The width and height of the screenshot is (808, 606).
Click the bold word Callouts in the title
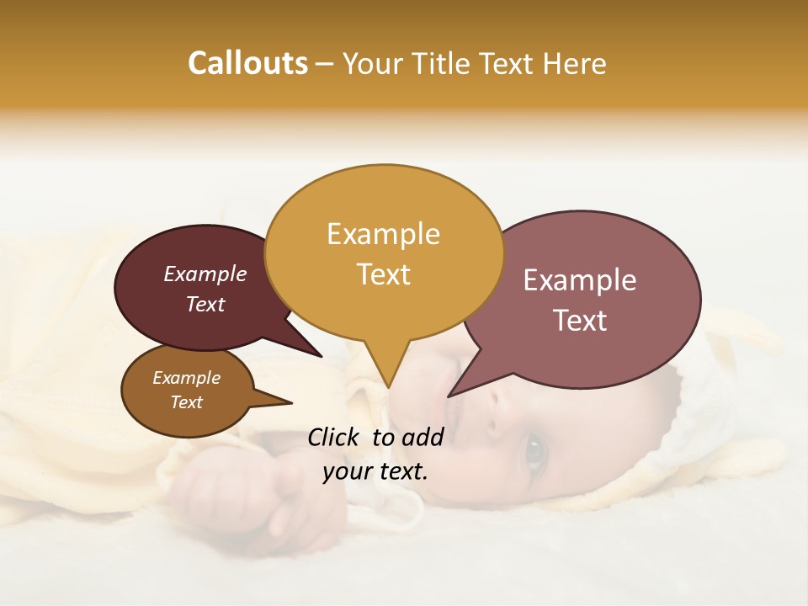pos(247,63)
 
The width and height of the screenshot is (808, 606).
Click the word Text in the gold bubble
pos(383,274)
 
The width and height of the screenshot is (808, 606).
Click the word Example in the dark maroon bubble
pos(205,274)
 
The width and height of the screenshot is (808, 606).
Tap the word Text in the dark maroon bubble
pos(205,304)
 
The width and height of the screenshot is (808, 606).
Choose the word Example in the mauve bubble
pos(579,279)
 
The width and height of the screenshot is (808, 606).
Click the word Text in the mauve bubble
pos(579,320)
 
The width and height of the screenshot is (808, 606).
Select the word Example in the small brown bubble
pos(186,378)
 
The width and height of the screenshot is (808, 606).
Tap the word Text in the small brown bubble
pos(186,402)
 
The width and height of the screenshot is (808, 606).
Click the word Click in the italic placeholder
pos(334,437)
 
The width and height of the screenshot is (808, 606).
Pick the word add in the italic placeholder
pos(423,437)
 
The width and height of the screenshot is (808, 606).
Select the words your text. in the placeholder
pos(375,471)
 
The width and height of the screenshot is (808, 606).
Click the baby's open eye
pos(534,452)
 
